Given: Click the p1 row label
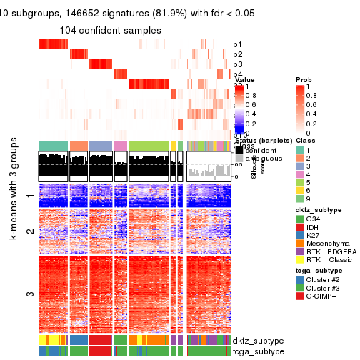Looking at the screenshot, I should [237, 44].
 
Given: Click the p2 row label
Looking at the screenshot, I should [237, 54].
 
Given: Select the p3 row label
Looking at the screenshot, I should [237, 64].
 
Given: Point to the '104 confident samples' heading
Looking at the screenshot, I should [111, 30].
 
